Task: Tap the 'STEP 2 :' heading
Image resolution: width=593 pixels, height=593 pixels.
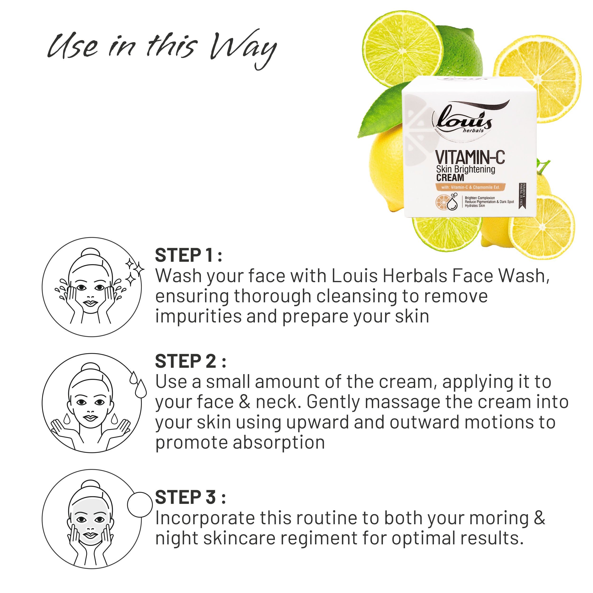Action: (190, 361)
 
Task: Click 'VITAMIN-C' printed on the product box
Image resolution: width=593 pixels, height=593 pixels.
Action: (470, 157)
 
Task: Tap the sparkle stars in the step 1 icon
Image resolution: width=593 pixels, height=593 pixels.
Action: (134, 272)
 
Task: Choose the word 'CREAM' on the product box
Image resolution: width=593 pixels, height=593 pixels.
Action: (450, 178)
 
